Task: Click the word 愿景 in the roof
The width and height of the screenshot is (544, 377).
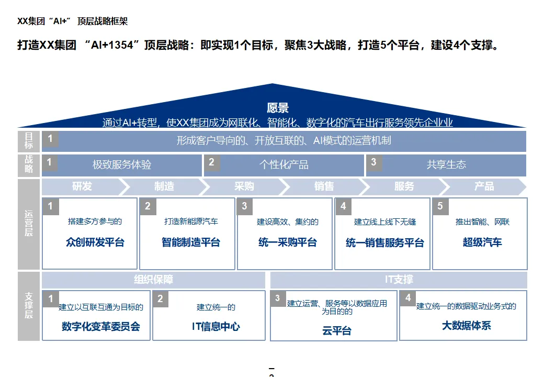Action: (277, 108)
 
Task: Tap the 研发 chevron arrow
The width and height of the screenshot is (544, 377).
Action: (82, 186)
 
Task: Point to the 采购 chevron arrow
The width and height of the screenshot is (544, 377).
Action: (244, 186)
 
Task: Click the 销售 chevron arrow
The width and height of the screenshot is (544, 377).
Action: (324, 186)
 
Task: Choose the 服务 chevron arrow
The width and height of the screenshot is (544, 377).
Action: (404, 186)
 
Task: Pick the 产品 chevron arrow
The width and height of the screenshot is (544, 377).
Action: (484, 186)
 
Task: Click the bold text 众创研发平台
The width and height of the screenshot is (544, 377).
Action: (95, 242)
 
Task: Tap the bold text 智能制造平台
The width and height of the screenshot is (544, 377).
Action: (191, 242)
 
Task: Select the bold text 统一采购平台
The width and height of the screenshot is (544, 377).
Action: (288, 242)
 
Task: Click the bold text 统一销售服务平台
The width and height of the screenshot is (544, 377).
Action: (385, 243)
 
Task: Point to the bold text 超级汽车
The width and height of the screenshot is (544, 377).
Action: (482, 242)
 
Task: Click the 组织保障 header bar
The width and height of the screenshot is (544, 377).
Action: (153, 280)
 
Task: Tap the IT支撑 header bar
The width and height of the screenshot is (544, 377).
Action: (399, 280)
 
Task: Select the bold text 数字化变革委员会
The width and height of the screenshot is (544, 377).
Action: (101, 327)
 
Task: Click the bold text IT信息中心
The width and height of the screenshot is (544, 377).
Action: (216, 327)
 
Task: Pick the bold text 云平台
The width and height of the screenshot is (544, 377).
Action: (337, 330)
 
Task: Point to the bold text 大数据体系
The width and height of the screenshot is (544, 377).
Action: (467, 325)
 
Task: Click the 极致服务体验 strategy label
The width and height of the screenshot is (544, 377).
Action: (122, 164)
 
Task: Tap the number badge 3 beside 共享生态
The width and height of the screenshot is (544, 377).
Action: (373, 162)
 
